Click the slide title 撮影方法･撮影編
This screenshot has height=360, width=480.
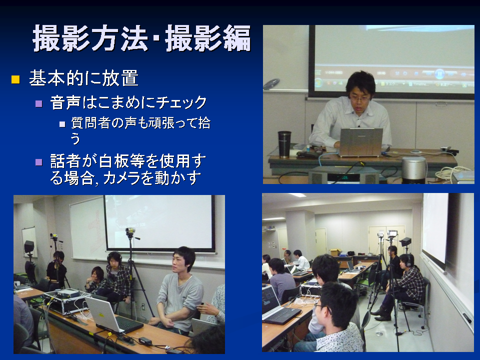pos(141,38)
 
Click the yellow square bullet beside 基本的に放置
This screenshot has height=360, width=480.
pos(15,79)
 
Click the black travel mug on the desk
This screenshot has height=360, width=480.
pos(284,144)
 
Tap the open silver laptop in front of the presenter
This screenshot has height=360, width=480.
pos(360,142)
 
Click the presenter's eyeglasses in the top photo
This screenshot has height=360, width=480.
pos(360,98)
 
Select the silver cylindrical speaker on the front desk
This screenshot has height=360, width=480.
pos(413,169)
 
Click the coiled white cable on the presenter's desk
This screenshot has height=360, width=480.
pos(449,173)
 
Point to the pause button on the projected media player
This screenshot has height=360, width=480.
pos(439,74)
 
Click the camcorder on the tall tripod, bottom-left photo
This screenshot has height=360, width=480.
pos(130,232)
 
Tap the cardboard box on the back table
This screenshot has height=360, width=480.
pos(335,252)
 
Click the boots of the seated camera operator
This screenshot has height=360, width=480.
pos(381,314)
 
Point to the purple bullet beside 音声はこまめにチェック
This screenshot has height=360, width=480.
pos(39,103)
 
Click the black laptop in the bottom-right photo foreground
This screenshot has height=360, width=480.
pos(277,306)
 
